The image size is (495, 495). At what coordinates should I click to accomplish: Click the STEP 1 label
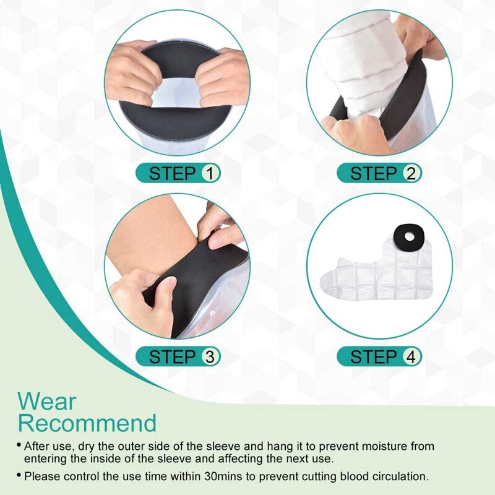click(178, 173)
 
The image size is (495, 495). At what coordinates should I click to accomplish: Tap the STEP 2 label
click(379, 173)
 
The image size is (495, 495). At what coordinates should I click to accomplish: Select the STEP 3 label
click(178, 356)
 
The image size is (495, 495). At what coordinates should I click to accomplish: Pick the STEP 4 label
click(379, 356)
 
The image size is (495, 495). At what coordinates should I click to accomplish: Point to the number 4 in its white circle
click(410, 356)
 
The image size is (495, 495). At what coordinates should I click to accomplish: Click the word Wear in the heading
click(47, 402)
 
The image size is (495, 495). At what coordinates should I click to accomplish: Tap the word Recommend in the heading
click(87, 424)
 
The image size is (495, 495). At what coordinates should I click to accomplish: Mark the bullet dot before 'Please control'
click(19, 476)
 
